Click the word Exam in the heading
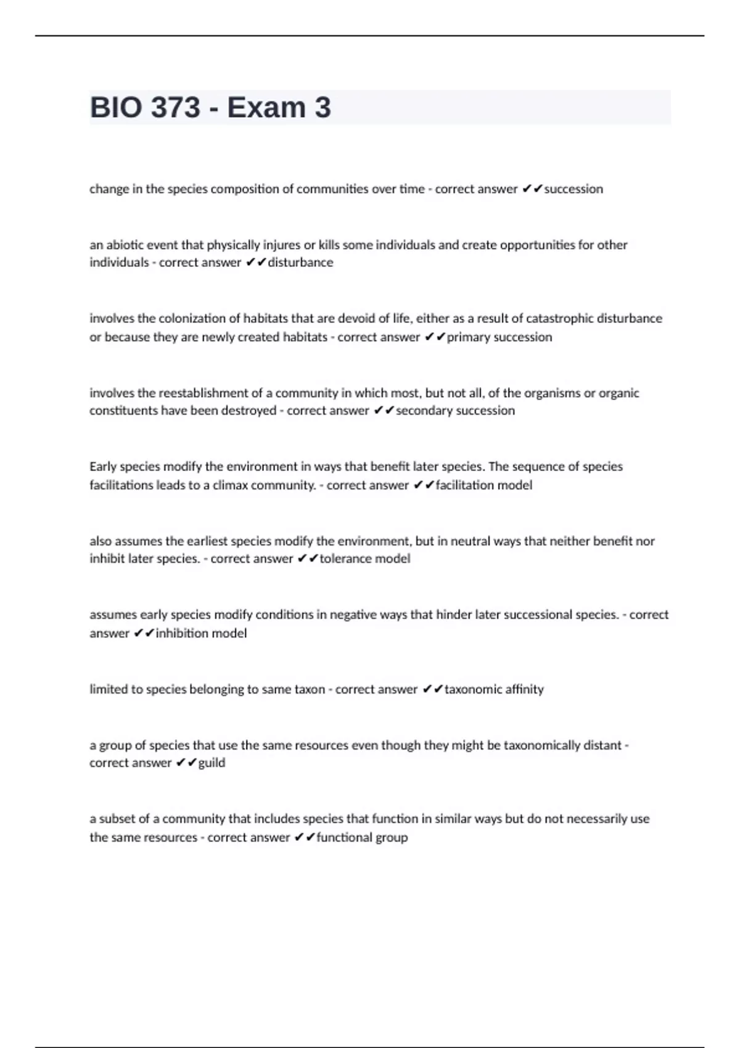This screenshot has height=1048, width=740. click(x=266, y=108)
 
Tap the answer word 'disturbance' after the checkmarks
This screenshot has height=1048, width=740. click(x=300, y=263)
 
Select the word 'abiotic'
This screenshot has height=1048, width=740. click(x=125, y=245)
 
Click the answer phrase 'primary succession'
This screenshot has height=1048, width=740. click(x=499, y=337)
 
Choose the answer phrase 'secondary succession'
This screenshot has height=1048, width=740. click(x=455, y=411)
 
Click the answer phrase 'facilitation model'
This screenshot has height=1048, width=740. click(x=483, y=485)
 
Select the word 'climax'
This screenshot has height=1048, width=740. click(x=230, y=485)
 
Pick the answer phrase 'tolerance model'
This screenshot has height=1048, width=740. click(x=364, y=559)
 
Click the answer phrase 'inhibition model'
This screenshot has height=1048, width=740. click(x=201, y=633)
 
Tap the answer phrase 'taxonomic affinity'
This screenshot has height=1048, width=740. click(x=494, y=689)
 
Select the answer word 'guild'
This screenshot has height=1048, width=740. click(x=212, y=763)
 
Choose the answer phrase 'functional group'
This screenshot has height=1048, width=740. click(x=362, y=837)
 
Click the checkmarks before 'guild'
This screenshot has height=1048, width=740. click(x=186, y=763)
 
